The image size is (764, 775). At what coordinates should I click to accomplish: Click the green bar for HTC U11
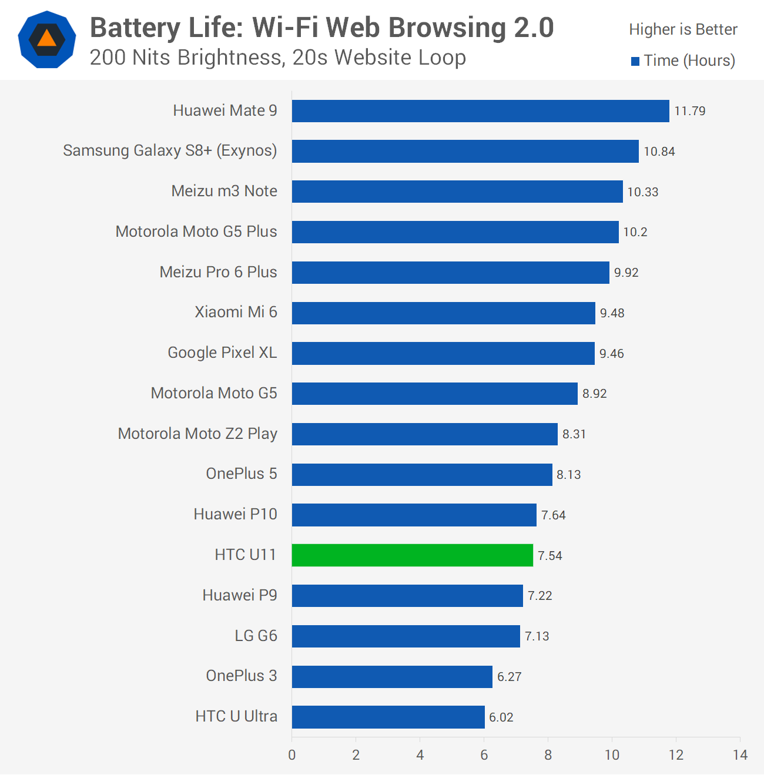pyautogui.click(x=412, y=555)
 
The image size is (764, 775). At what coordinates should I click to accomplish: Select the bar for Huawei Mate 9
pyautogui.click(x=480, y=111)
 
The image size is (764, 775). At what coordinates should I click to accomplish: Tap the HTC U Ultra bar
pyautogui.click(x=388, y=717)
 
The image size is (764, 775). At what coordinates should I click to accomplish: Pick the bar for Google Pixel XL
pyautogui.click(x=443, y=353)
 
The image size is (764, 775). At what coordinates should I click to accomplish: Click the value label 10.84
pyautogui.click(x=659, y=152)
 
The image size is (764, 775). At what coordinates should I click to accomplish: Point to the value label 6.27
pyautogui.click(x=509, y=677)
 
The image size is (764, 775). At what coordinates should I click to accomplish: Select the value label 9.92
pyautogui.click(x=626, y=273)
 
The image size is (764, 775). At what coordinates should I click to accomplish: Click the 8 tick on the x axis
pyautogui.click(x=548, y=755)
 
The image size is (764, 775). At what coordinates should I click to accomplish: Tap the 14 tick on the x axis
pyautogui.click(x=740, y=755)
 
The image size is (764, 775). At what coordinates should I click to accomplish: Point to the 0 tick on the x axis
pyautogui.click(x=292, y=755)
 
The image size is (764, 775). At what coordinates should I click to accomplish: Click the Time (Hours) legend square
pyautogui.click(x=635, y=61)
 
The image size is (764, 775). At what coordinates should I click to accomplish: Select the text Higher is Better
pyautogui.click(x=683, y=29)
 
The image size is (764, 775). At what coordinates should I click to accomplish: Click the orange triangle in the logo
pyautogui.click(x=47, y=39)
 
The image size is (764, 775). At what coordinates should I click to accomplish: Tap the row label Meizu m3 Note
pyautogui.click(x=224, y=191)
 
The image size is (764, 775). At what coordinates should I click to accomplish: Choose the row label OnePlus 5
pyautogui.click(x=241, y=474)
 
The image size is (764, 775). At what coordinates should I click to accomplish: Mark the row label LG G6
pyautogui.click(x=256, y=636)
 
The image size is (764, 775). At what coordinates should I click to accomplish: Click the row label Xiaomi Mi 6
pyautogui.click(x=236, y=312)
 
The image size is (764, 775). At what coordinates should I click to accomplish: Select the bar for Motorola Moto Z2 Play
pyautogui.click(x=424, y=434)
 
